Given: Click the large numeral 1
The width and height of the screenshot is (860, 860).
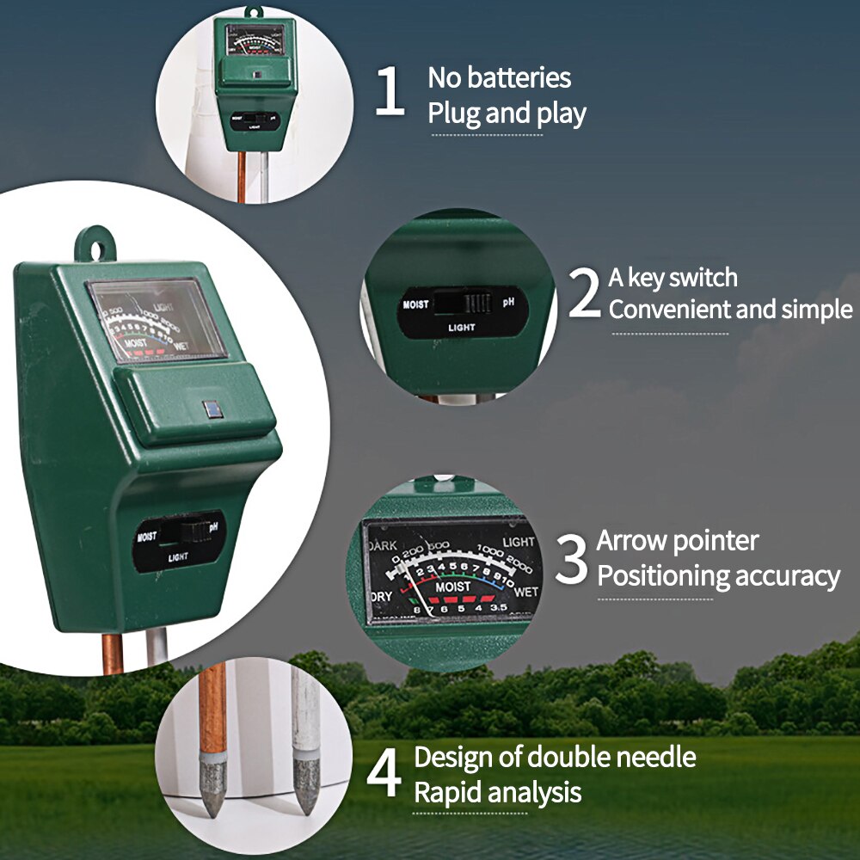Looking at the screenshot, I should (390, 94).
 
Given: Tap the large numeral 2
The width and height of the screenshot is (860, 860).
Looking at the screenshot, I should (585, 293).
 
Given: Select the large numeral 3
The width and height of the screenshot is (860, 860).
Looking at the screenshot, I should (572, 558).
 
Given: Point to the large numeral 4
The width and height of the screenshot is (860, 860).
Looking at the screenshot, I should (384, 773).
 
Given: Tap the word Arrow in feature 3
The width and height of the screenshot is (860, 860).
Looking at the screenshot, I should (632, 541).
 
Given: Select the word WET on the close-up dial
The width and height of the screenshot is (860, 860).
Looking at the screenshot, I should (525, 592).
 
